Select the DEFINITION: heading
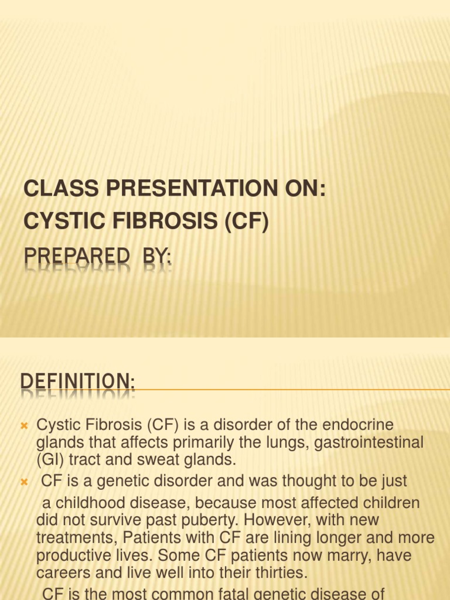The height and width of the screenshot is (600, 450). click(78, 383)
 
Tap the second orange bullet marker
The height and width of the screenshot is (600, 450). click(25, 482)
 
